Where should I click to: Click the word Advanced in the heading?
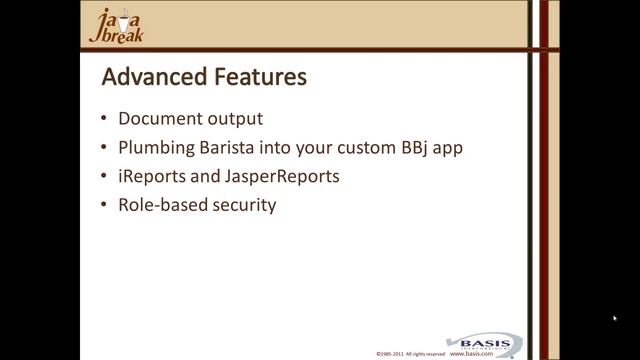pos(151,77)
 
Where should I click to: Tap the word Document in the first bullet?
pos(160,118)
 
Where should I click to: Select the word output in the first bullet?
pos(235,118)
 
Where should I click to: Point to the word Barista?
pos(227,147)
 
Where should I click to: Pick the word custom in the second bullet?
pos(364,148)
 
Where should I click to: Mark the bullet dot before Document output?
pos(106,119)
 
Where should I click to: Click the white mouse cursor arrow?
pos(615,318)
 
